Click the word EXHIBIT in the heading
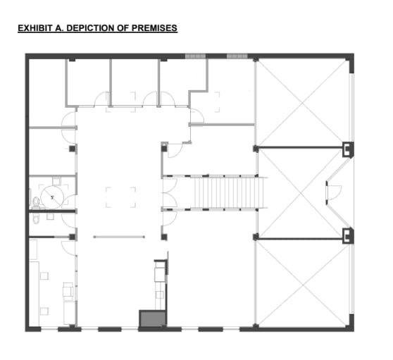34,28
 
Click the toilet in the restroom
36,202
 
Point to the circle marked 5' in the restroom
53,194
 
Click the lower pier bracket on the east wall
347,235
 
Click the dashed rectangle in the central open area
120,197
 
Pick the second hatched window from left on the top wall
237,56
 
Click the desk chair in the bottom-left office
68,290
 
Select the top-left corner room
47,92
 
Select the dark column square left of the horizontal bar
73,237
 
